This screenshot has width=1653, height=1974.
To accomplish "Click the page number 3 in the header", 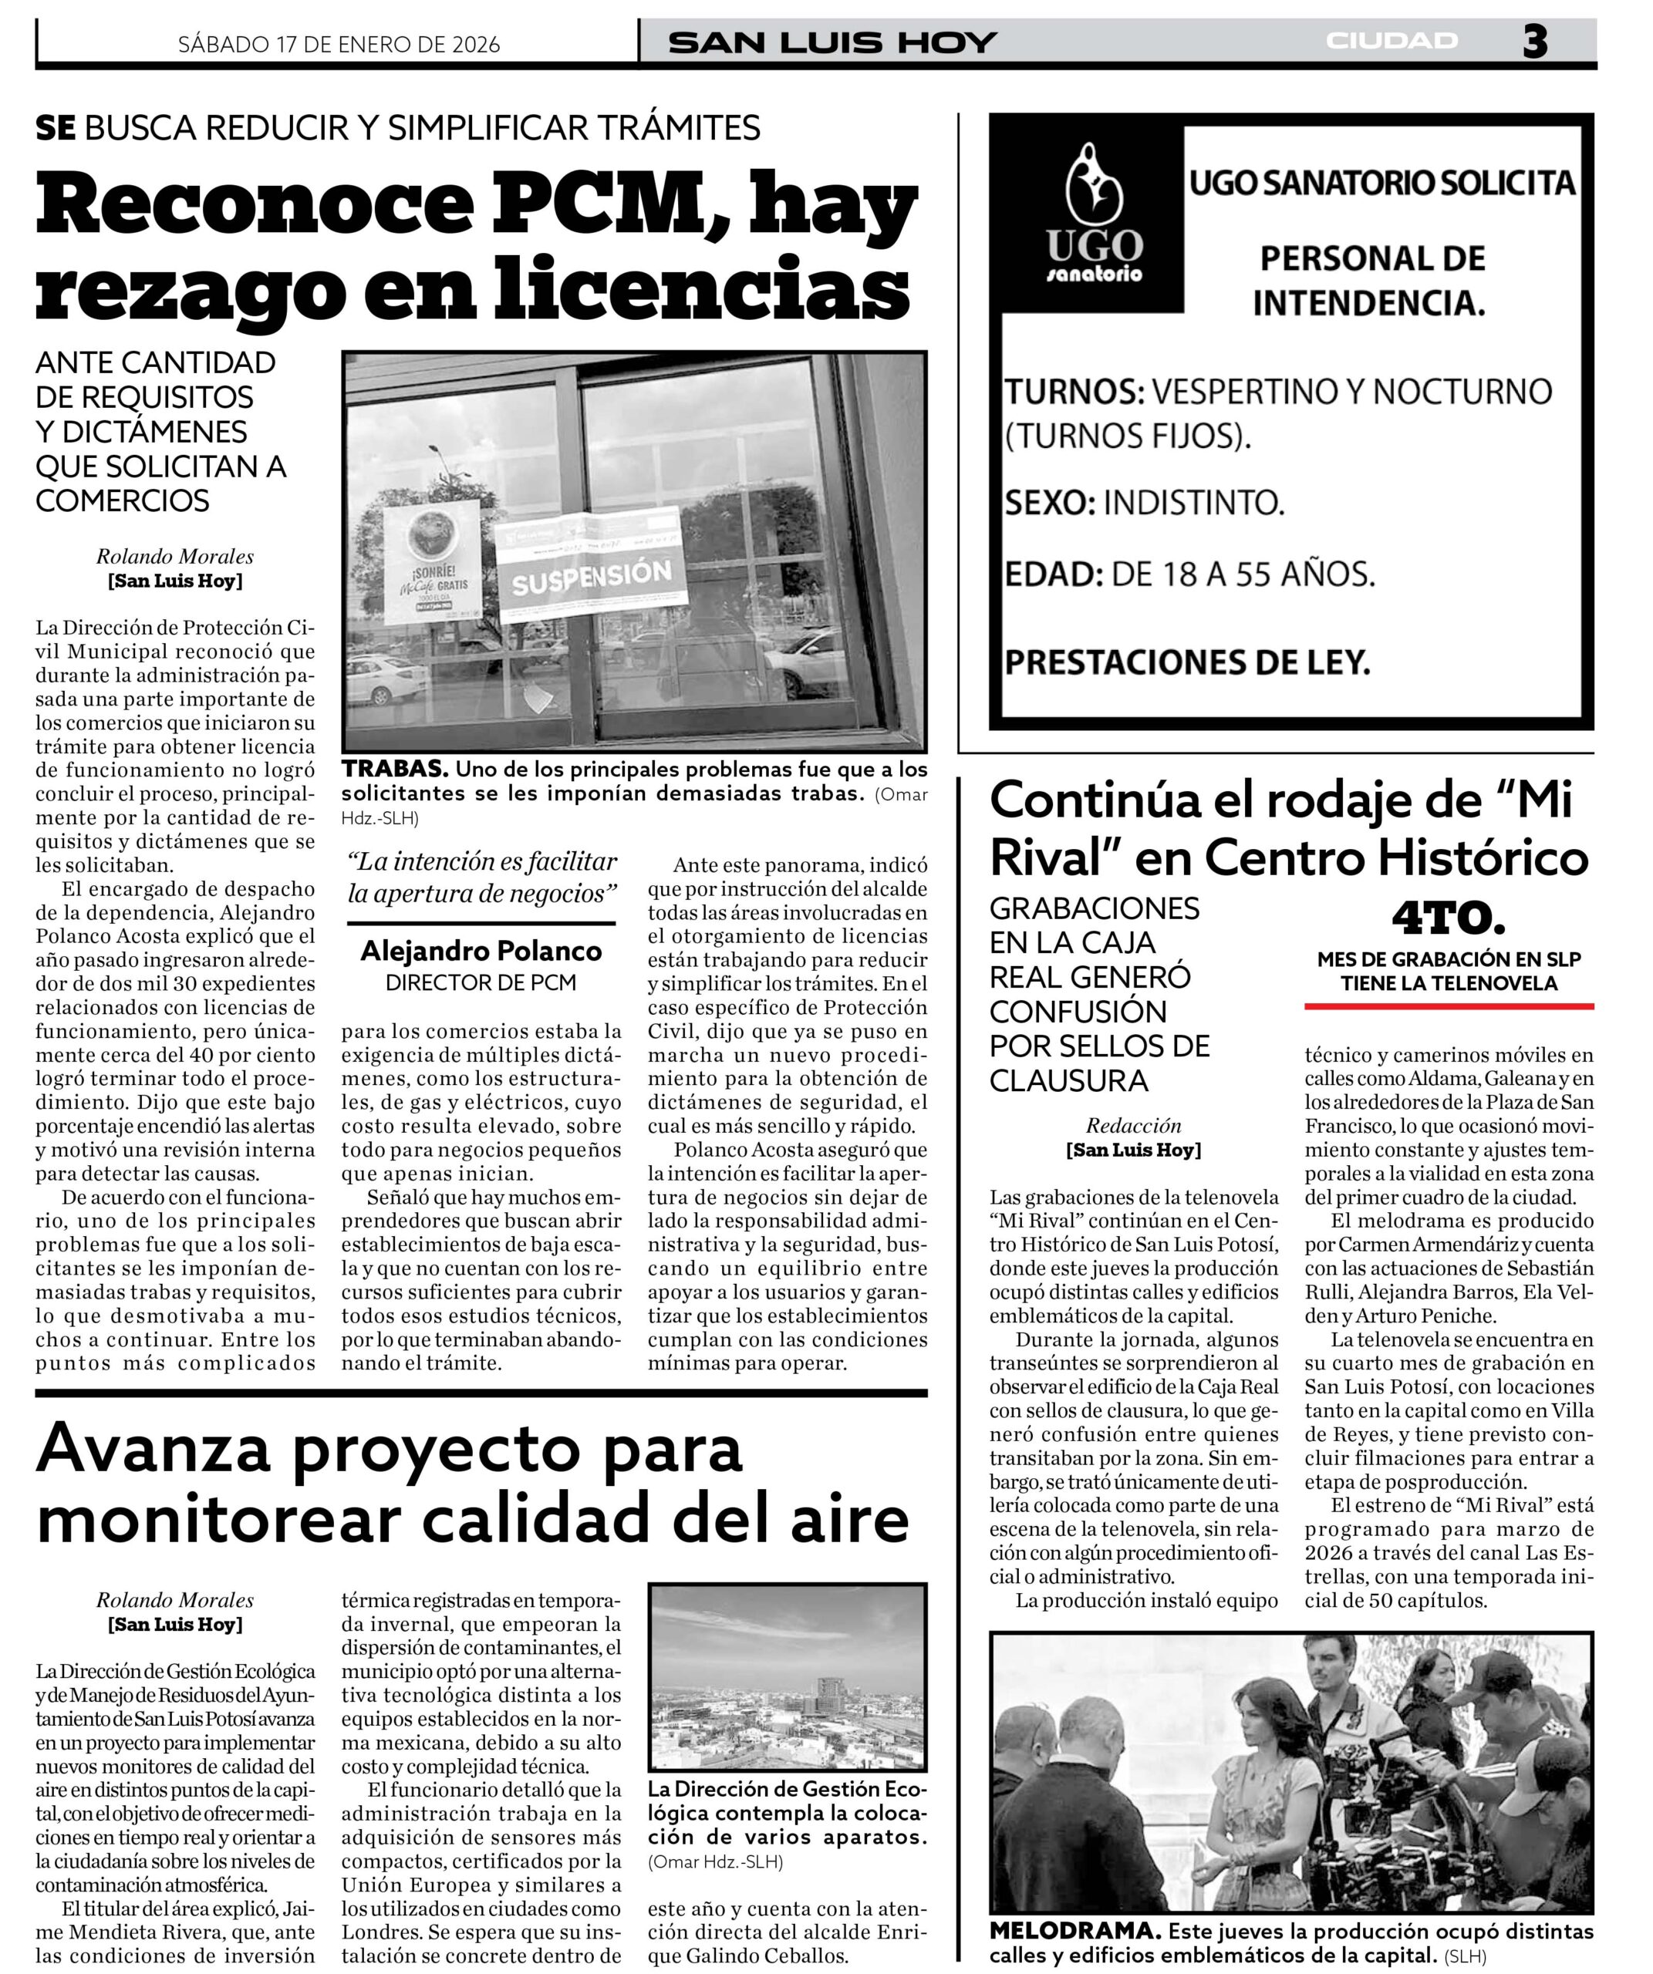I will pos(1533,42).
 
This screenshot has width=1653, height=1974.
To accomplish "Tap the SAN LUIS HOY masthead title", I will pos(832,42).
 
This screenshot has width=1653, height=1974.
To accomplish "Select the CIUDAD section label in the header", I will pos(1392,40).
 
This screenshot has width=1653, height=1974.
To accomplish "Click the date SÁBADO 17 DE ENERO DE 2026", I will pos(339,44).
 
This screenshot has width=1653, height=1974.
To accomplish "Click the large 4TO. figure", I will pos(1448,919).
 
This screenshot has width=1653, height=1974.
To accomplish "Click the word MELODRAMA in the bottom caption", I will pos(1073,1931).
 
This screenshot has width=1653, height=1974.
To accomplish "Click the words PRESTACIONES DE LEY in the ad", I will pos(1186,662).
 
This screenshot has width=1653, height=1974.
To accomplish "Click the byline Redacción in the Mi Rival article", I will pos(1133,1125).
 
